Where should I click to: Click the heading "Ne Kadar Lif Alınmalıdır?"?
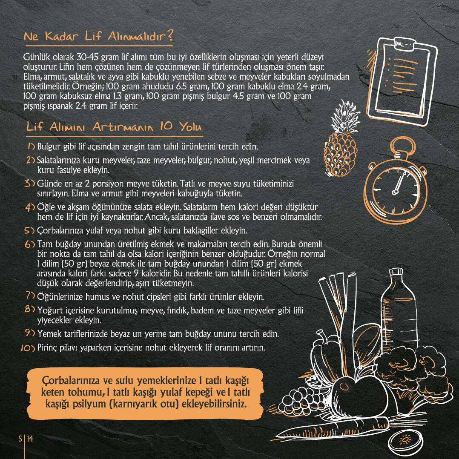[x=98, y=36]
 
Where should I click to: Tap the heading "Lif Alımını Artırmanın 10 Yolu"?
[x=114, y=126]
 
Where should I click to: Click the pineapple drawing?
[x=341, y=139]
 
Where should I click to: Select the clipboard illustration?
[x=401, y=81]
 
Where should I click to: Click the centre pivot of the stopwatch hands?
[x=395, y=192]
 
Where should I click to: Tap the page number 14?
[x=30, y=439]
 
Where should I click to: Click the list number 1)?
[x=32, y=146]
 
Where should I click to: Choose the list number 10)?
[x=28, y=348]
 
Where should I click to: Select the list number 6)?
[x=30, y=244]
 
